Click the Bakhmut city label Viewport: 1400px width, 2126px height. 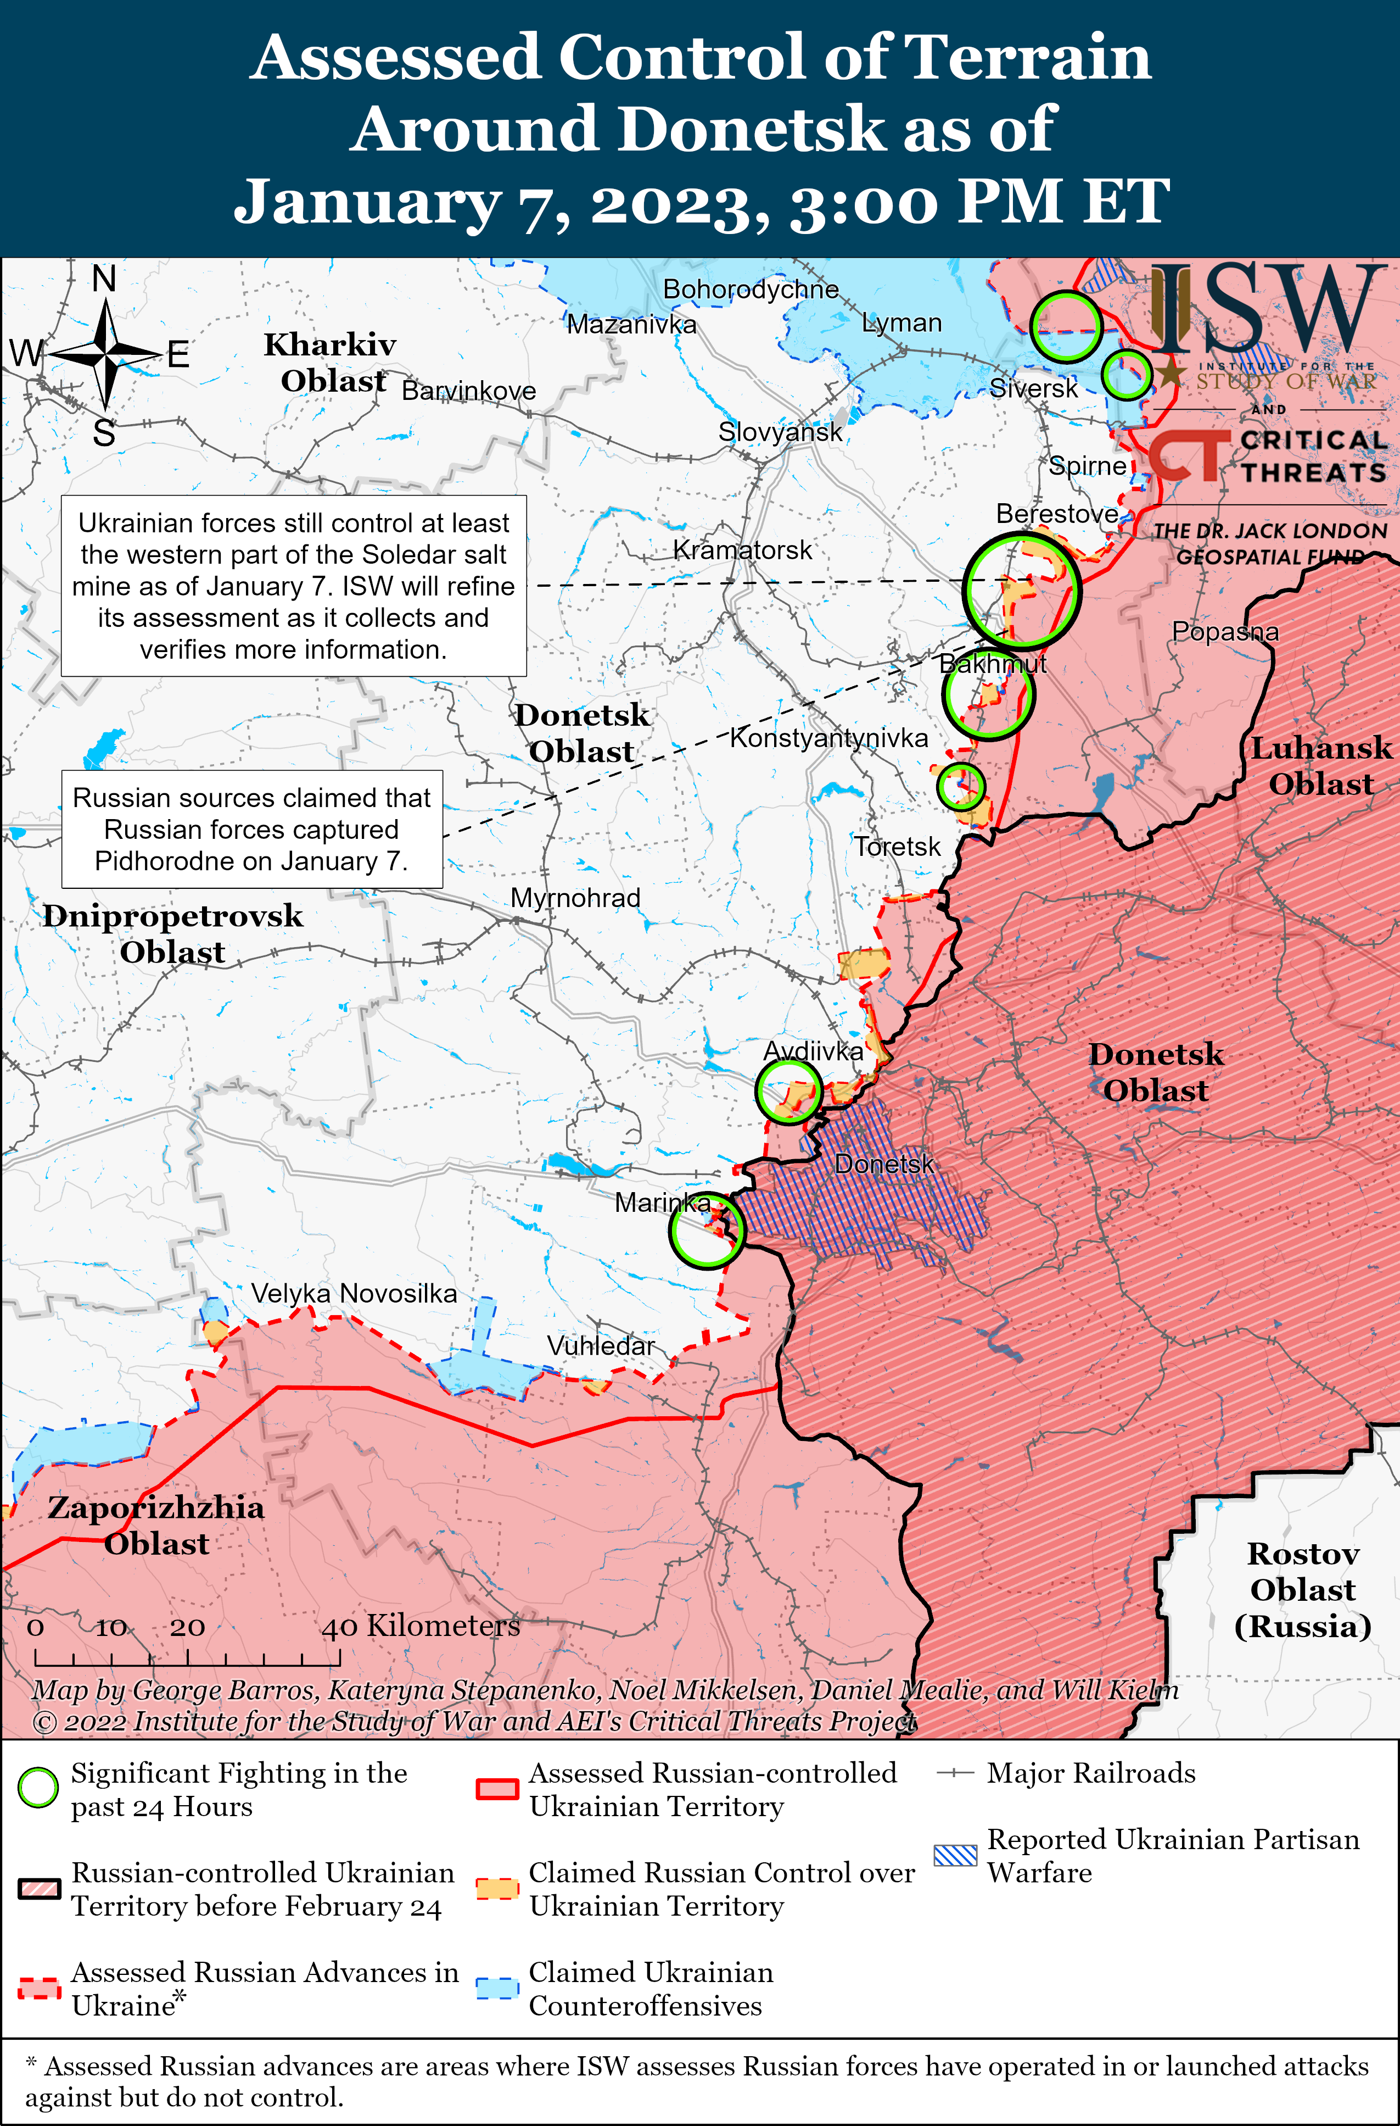coord(992,664)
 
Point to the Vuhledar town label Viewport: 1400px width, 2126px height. coord(601,1345)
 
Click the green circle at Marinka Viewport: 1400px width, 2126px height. coord(706,1230)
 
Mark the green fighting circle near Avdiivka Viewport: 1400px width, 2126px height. coord(788,1090)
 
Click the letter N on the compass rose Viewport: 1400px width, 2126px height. coord(104,280)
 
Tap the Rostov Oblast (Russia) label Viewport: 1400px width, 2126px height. coord(1303,1589)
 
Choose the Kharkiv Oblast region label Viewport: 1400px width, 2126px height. coord(331,363)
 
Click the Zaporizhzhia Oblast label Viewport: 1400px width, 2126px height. coord(156,1525)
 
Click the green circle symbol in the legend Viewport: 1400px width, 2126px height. coord(38,1788)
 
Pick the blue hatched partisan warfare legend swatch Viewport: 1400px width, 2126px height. coord(955,1855)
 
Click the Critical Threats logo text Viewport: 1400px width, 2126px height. coord(1313,457)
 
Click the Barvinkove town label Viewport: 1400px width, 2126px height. coord(469,391)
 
